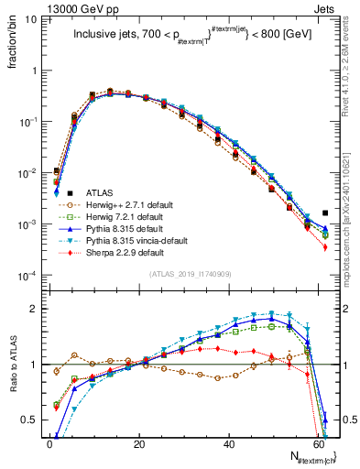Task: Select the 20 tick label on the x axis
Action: click(x=139, y=445)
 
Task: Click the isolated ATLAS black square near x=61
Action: click(x=325, y=213)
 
